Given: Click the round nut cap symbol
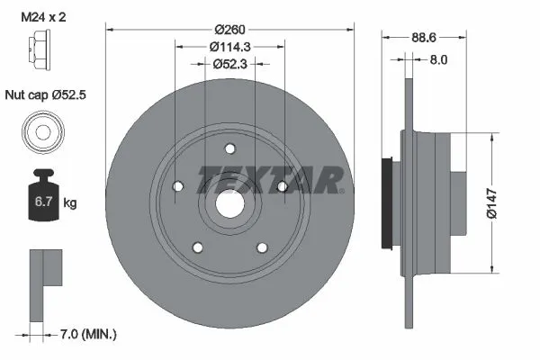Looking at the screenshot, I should [x=41, y=132].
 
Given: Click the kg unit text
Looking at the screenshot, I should [x=70, y=203].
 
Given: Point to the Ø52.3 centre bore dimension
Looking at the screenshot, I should [x=230, y=64].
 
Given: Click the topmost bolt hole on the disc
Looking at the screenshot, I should [x=230, y=148].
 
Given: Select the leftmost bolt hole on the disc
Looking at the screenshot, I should [x=177, y=186].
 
